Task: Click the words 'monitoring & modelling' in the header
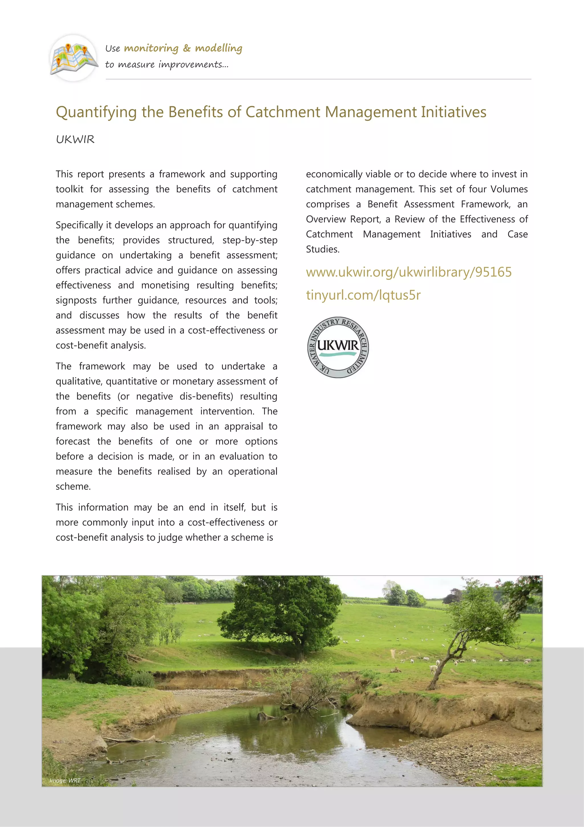183,48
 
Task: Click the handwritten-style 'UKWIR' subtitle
75,139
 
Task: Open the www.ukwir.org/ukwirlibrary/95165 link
408,272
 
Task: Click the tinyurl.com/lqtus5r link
363,295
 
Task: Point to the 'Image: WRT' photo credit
65,780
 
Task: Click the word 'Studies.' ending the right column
323,249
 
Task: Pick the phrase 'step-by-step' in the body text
250,240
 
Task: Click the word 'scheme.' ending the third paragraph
73,487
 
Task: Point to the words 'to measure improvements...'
167,65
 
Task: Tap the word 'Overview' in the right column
325,219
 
